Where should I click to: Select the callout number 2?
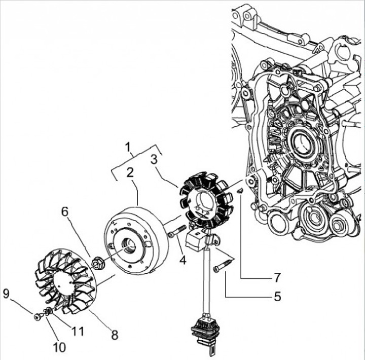[130, 172]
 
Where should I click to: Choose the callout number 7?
[277, 277]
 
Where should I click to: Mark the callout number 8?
[115, 335]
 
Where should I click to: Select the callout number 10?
[59, 347]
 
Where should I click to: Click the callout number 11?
[77, 331]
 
